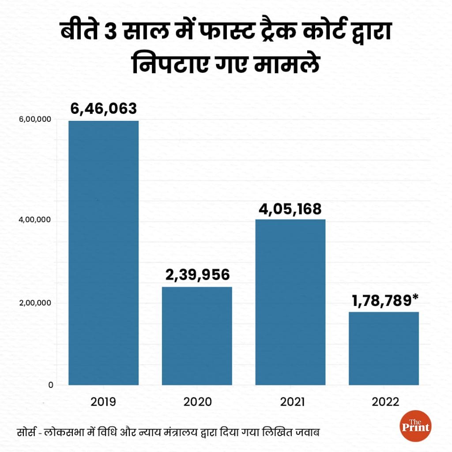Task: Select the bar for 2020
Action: [197, 336]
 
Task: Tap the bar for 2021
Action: [290, 302]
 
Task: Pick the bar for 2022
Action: [384, 348]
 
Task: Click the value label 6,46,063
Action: [104, 108]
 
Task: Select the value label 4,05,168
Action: [290, 209]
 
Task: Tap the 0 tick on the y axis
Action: [51, 385]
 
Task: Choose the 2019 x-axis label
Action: [104, 402]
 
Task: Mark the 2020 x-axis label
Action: [197, 402]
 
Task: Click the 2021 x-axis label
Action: [290, 402]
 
